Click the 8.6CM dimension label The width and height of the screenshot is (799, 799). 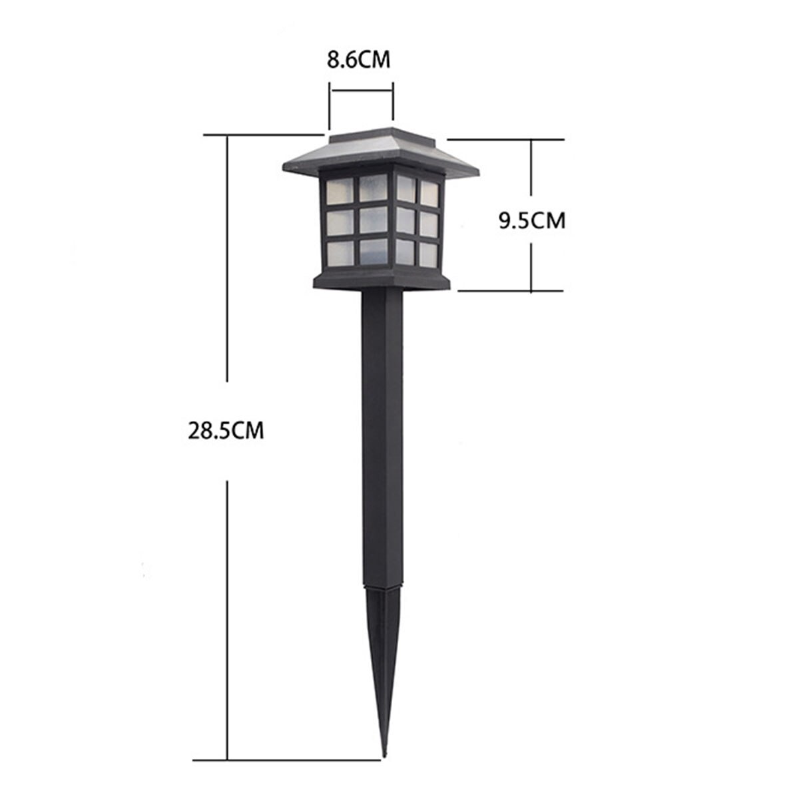[358, 60]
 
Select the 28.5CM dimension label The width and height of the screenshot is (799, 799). [226, 430]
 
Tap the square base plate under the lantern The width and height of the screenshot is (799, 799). [382, 282]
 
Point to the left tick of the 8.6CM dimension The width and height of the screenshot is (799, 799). [329, 103]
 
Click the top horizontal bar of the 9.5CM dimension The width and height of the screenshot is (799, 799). [506, 139]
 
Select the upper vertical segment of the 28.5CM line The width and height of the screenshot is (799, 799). [228, 260]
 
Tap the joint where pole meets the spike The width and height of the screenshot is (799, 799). [384, 585]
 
